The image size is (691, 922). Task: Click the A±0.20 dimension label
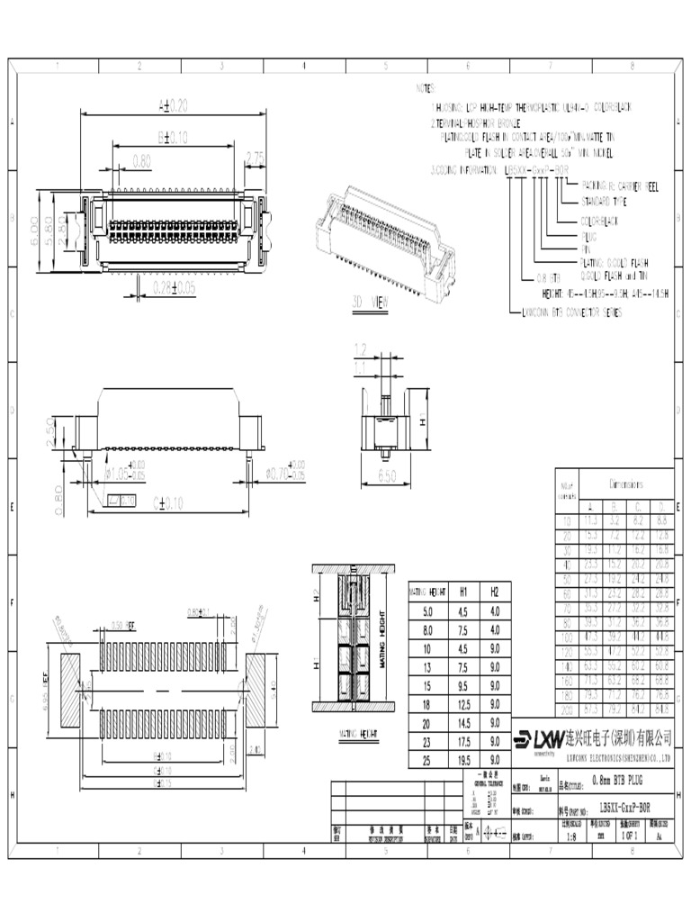pos(173,105)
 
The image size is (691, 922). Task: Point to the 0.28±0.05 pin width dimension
pos(173,288)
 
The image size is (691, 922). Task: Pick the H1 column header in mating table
pos(462,592)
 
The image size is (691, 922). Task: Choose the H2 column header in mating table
pos(494,592)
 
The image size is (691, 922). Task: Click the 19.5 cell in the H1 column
pos(462,761)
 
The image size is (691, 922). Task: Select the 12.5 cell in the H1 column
pos(462,704)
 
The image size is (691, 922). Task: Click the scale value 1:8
pos(571,836)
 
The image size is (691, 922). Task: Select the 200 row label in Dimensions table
pos(567,709)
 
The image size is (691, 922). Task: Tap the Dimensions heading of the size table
pos(633,484)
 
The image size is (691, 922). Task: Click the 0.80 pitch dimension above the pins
pos(141,161)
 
